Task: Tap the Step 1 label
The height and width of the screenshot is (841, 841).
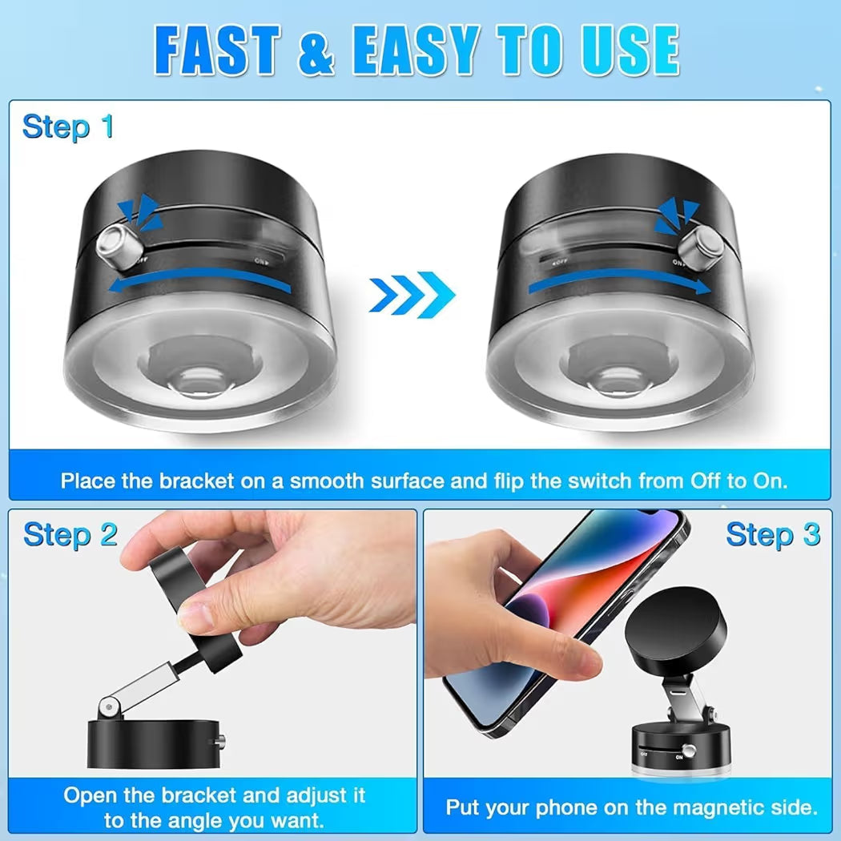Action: click(68, 127)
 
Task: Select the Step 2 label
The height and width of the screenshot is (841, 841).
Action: click(70, 534)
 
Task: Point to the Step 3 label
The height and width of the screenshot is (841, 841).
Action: click(773, 534)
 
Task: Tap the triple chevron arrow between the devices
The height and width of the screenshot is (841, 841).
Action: click(412, 295)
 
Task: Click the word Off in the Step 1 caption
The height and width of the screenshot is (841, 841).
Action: click(707, 481)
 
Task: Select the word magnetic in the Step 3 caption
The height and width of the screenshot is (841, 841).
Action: click(693, 807)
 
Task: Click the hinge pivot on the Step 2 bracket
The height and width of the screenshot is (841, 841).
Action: click(105, 706)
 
